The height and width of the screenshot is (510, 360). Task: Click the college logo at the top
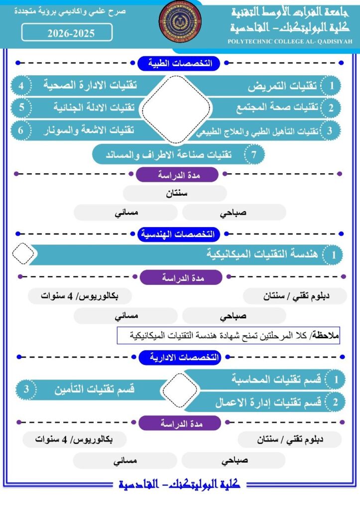[180, 22]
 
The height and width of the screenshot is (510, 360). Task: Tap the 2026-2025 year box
[67, 33]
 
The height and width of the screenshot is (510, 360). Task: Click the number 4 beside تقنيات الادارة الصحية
[21, 85]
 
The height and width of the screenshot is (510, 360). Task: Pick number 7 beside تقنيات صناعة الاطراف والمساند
[254, 154]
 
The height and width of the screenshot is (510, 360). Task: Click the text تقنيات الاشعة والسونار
[90, 130]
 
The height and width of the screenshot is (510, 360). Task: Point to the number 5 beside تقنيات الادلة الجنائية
[21, 108]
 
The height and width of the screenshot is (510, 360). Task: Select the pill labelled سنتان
[175, 193]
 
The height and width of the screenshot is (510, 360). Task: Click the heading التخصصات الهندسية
[179, 234]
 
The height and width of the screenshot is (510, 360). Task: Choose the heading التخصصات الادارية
[179, 357]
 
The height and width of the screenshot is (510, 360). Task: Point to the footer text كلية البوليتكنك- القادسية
[180, 484]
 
